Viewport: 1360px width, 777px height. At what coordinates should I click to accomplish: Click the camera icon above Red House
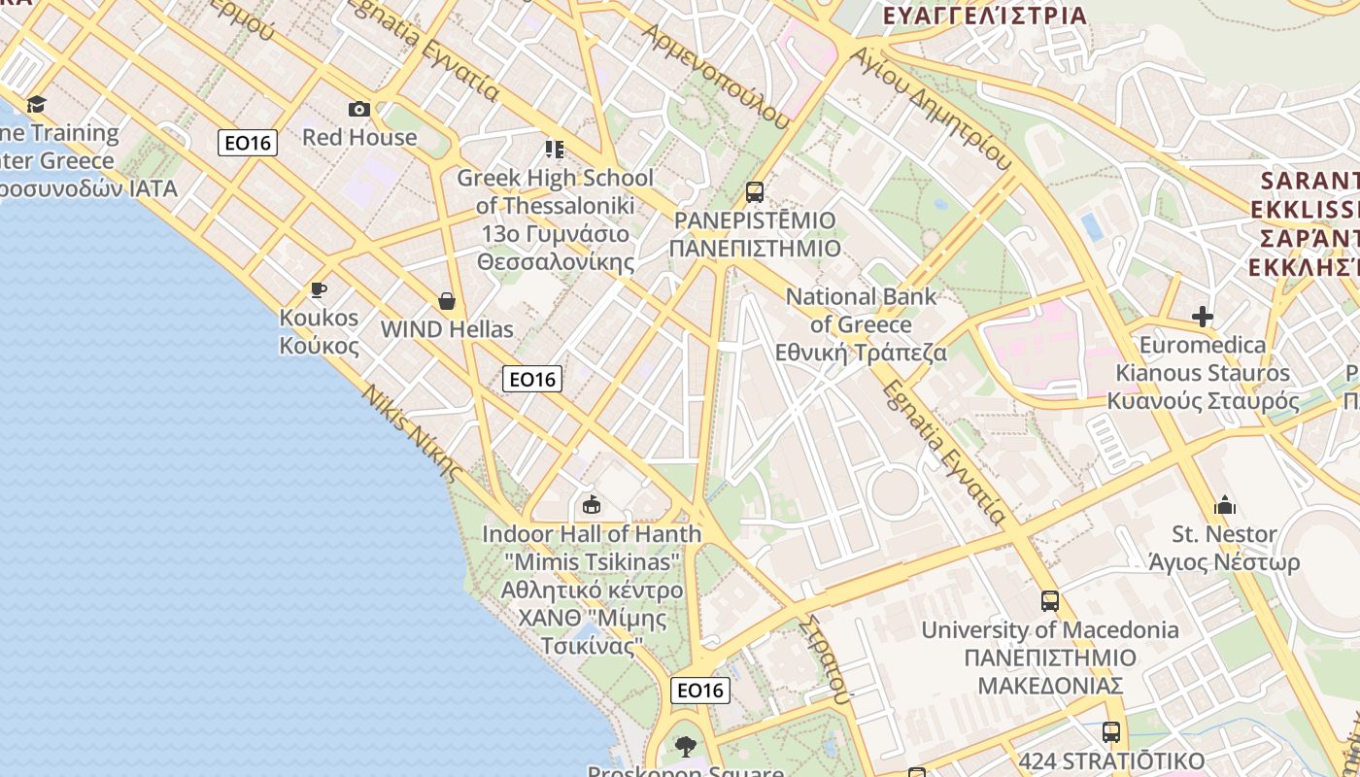pyautogui.click(x=359, y=109)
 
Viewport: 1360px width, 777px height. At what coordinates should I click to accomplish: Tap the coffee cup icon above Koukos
pyautogui.click(x=318, y=289)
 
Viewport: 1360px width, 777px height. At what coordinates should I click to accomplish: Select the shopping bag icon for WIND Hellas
pyautogui.click(x=446, y=301)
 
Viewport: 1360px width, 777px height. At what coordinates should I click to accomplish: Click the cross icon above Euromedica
pyautogui.click(x=1203, y=317)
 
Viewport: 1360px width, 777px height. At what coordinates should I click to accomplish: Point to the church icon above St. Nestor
pyautogui.click(x=1224, y=505)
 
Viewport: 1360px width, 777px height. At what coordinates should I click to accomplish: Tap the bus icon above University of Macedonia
pyautogui.click(x=1049, y=601)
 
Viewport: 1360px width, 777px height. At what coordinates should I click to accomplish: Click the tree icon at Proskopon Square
pyautogui.click(x=686, y=746)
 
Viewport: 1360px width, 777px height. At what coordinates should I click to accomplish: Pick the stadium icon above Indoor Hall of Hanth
pyautogui.click(x=591, y=504)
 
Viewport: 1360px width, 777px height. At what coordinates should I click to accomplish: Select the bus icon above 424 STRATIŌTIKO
pyautogui.click(x=1111, y=732)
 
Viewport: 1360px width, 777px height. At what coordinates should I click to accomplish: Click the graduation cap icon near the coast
pyautogui.click(x=36, y=104)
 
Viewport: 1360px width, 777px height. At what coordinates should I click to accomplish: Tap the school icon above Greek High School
pyautogui.click(x=555, y=150)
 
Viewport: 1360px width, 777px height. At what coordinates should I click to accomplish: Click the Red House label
pyautogui.click(x=359, y=137)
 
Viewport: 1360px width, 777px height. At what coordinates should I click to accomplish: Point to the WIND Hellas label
pyautogui.click(x=447, y=329)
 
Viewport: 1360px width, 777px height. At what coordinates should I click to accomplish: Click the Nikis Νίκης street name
pyautogui.click(x=412, y=432)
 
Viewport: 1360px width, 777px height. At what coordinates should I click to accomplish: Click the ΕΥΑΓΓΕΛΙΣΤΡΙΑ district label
pyautogui.click(x=984, y=16)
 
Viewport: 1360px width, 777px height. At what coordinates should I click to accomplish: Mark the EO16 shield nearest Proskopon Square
pyautogui.click(x=700, y=691)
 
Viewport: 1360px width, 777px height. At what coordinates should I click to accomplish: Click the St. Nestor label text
pyautogui.click(x=1224, y=534)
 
